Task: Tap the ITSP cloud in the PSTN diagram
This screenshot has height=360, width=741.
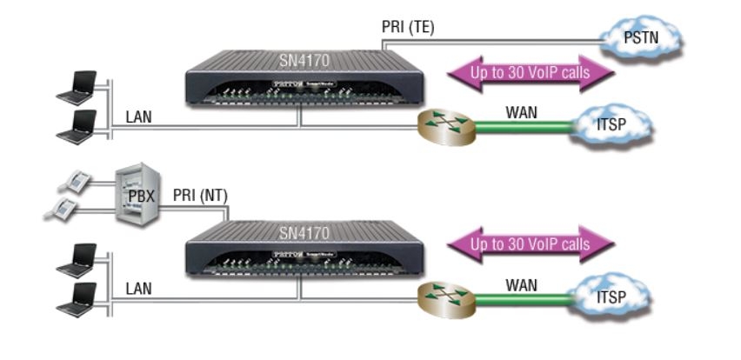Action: click(x=611, y=127)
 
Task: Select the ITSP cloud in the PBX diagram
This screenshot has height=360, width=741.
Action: click(x=611, y=297)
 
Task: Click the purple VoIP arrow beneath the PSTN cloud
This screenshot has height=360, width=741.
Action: click(x=530, y=73)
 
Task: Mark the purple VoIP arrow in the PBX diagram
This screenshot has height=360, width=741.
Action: click(x=530, y=243)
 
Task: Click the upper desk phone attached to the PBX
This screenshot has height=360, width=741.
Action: click(x=78, y=181)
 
